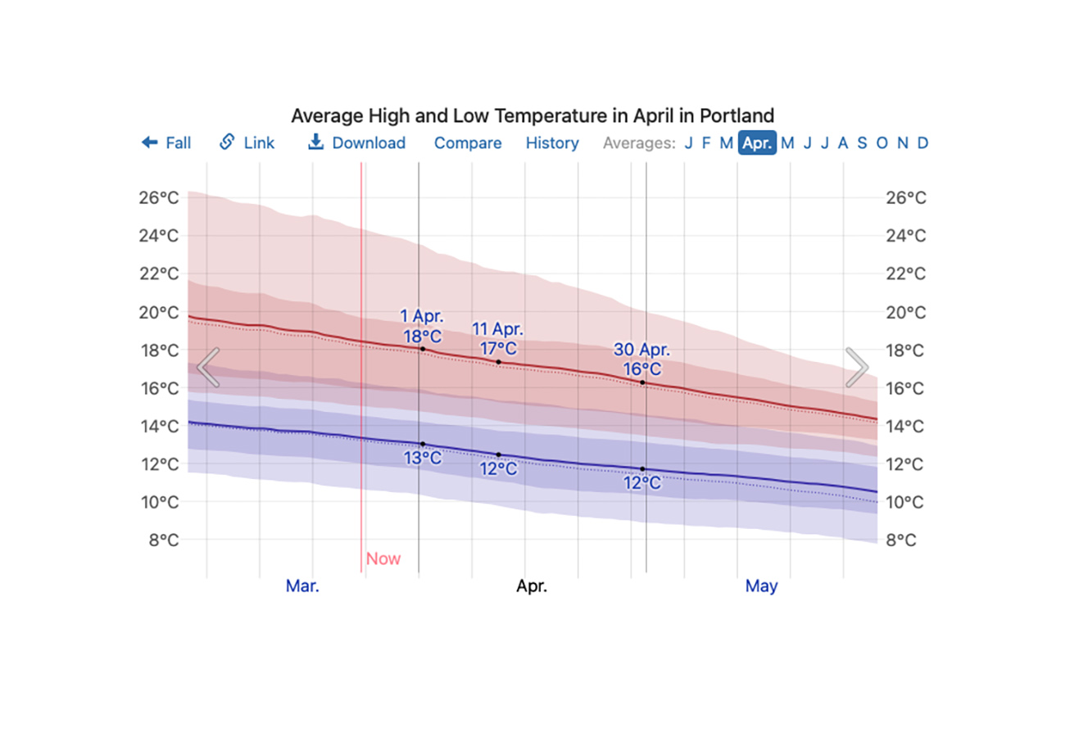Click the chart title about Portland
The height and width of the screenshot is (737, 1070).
pyautogui.click(x=533, y=115)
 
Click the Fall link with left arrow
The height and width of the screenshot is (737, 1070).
pyautogui.click(x=166, y=143)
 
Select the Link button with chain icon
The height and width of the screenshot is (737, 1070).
pyautogui.click(x=247, y=143)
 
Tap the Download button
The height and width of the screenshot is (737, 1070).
pyautogui.click(x=356, y=143)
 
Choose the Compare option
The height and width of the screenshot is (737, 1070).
pyautogui.click(x=468, y=143)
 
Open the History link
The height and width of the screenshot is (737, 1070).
pyautogui.click(x=552, y=143)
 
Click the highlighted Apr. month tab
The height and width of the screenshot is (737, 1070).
pyautogui.click(x=757, y=143)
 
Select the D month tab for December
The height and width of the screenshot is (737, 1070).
pyautogui.click(x=923, y=143)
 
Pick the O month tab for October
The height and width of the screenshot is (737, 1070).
pyautogui.click(x=882, y=143)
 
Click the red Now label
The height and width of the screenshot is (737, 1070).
pyautogui.click(x=383, y=559)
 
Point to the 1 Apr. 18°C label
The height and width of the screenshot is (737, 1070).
pyautogui.click(x=422, y=326)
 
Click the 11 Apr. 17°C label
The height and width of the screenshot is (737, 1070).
pyautogui.click(x=497, y=339)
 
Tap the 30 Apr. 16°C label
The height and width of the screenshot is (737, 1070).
pyautogui.click(x=642, y=359)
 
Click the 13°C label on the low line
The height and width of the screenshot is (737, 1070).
pyautogui.click(x=423, y=459)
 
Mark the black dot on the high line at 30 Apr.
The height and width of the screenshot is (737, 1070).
pyautogui.click(x=642, y=382)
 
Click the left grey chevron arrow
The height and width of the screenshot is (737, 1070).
pyautogui.click(x=208, y=367)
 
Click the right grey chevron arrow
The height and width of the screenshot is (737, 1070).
pyautogui.click(x=856, y=367)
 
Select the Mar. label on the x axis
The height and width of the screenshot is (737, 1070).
pyautogui.click(x=302, y=586)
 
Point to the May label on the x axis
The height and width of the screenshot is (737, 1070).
pyautogui.click(x=761, y=586)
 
